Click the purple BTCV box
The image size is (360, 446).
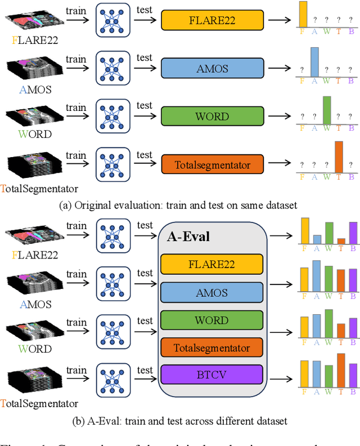[x=211, y=374]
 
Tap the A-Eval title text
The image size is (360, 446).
[x=188, y=237]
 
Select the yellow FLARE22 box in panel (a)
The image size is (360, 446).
[x=211, y=21]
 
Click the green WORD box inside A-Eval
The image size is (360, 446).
[x=211, y=320]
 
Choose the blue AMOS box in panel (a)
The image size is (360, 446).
[x=211, y=69]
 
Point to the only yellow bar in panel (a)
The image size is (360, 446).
[x=303, y=14]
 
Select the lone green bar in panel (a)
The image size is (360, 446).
[x=327, y=110]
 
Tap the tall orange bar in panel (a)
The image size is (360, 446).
[x=339, y=155]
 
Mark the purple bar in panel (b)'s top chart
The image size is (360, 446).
[x=353, y=233]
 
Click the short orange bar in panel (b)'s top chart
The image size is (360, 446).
[x=341, y=241]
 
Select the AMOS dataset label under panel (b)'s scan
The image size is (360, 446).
[x=35, y=304]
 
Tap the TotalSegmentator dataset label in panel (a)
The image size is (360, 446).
[x=39, y=189]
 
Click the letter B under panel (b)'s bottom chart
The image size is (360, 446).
[x=352, y=391]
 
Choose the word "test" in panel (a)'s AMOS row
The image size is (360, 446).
[x=145, y=57]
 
